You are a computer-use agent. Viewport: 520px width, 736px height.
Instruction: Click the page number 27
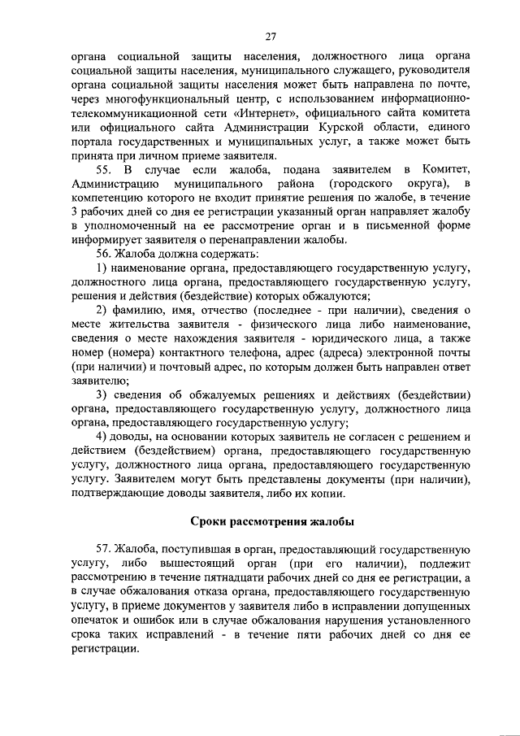click(271, 35)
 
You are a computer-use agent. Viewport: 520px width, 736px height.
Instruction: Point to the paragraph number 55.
click(104, 169)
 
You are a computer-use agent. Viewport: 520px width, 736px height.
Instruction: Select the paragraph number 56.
click(104, 254)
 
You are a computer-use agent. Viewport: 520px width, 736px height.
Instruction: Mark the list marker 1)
click(102, 268)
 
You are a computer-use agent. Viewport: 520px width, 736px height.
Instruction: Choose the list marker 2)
click(102, 310)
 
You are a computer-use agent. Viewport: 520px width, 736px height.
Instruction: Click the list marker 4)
click(102, 437)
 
